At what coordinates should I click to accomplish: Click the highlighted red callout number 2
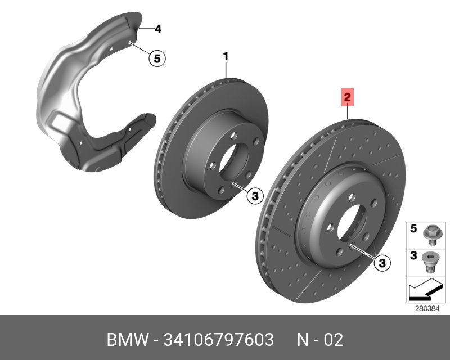pos(348,98)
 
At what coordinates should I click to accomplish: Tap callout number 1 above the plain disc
pos(226,56)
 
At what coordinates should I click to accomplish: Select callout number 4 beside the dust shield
pos(157,28)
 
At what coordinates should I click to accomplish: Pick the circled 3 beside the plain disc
pos(254,196)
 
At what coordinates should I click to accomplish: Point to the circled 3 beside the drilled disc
pos(381,262)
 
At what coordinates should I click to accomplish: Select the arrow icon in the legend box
pos(421,291)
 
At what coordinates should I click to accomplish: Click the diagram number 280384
pos(427,308)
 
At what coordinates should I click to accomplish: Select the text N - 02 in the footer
pos(320,340)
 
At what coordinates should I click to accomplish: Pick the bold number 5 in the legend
pos(412,228)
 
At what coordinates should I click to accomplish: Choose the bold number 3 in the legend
pos(412,256)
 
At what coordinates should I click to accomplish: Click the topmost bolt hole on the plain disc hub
pos(232,134)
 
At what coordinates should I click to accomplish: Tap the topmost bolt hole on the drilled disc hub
pos(350,196)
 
